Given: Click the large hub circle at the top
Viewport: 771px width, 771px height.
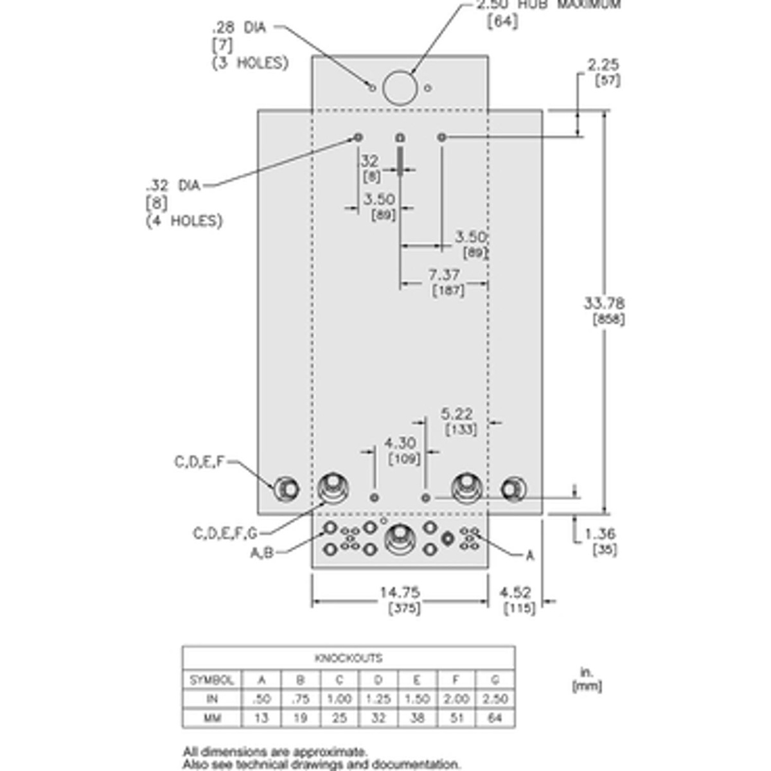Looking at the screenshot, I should tap(400, 87).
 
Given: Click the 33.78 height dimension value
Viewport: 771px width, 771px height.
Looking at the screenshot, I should tap(604, 303).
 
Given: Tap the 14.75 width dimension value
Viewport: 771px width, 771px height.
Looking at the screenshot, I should tap(401, 592).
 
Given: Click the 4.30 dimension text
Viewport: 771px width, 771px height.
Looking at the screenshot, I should tap(400, 443).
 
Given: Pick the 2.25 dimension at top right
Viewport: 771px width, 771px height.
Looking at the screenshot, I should tap(603, 64).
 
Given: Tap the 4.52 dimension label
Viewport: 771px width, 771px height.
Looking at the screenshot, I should tap(515, 592).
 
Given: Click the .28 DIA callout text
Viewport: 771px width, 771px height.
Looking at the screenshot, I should tap(238, 28).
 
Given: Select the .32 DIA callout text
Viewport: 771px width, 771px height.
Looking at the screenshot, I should tap(173, 186).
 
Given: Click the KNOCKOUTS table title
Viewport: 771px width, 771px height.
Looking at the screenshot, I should tap(348, 658).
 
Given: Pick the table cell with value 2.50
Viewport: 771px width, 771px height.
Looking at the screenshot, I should tap(495, 698).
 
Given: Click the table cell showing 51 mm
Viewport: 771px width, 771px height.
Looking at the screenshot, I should tap(456, 718).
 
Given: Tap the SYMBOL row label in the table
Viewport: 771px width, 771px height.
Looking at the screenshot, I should tap(211, 679).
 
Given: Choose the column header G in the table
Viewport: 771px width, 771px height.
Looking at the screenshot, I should tap(495, 679).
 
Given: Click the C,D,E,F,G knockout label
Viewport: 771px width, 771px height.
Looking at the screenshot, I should tap(225, 533).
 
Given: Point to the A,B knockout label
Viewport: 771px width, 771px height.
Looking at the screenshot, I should tap(261, 553).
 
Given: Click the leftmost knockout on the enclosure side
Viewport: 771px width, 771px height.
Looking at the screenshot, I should tap(286, 490).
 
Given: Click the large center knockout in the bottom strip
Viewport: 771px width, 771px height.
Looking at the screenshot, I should tap(399, 538).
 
